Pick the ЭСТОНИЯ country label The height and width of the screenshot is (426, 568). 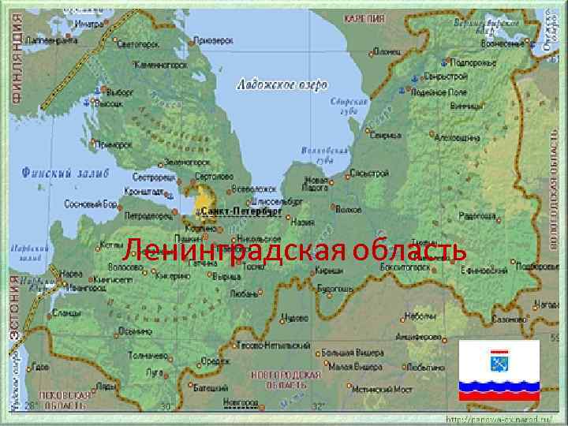15,307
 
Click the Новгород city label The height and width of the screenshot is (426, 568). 240,402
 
